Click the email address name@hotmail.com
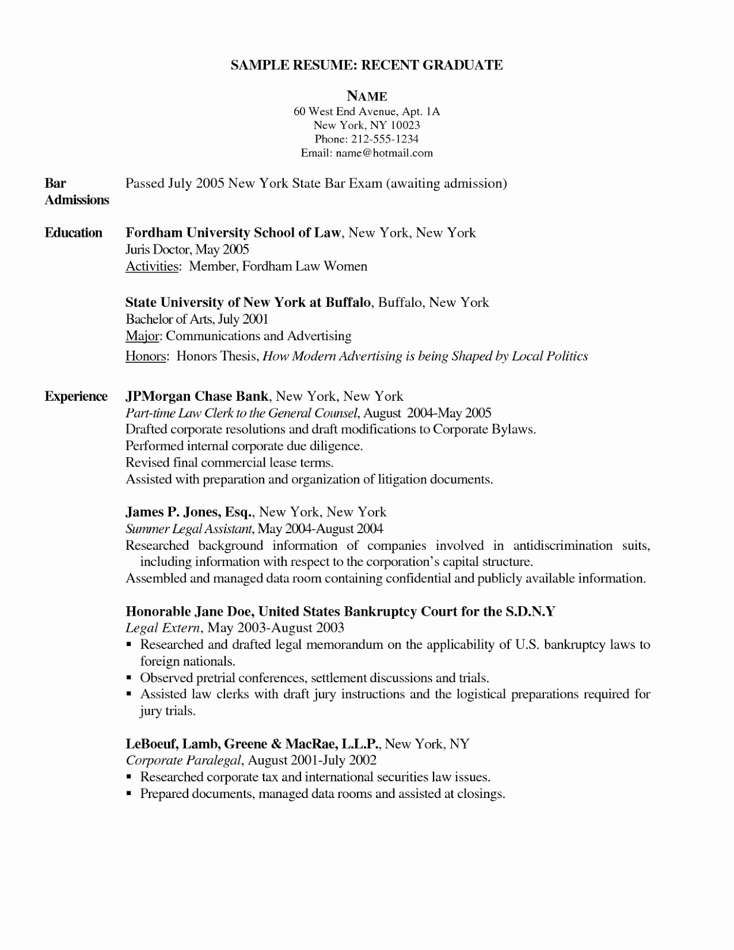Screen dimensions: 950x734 click(384, 153)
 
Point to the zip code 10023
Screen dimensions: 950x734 click(405, 125)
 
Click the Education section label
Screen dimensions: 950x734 click(74, 233)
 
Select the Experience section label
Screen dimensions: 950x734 click(76, 397)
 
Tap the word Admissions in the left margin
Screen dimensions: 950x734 click(77, 200)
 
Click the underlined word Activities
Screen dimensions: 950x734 click(152, 267)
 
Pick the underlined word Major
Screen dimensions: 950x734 click(143, 336)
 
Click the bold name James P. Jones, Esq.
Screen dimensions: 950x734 click(190, 512)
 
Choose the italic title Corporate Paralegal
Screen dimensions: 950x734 click(183, 760)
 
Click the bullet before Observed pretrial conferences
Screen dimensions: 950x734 click(129, 678)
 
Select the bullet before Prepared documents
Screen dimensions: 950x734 click(129, 794)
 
